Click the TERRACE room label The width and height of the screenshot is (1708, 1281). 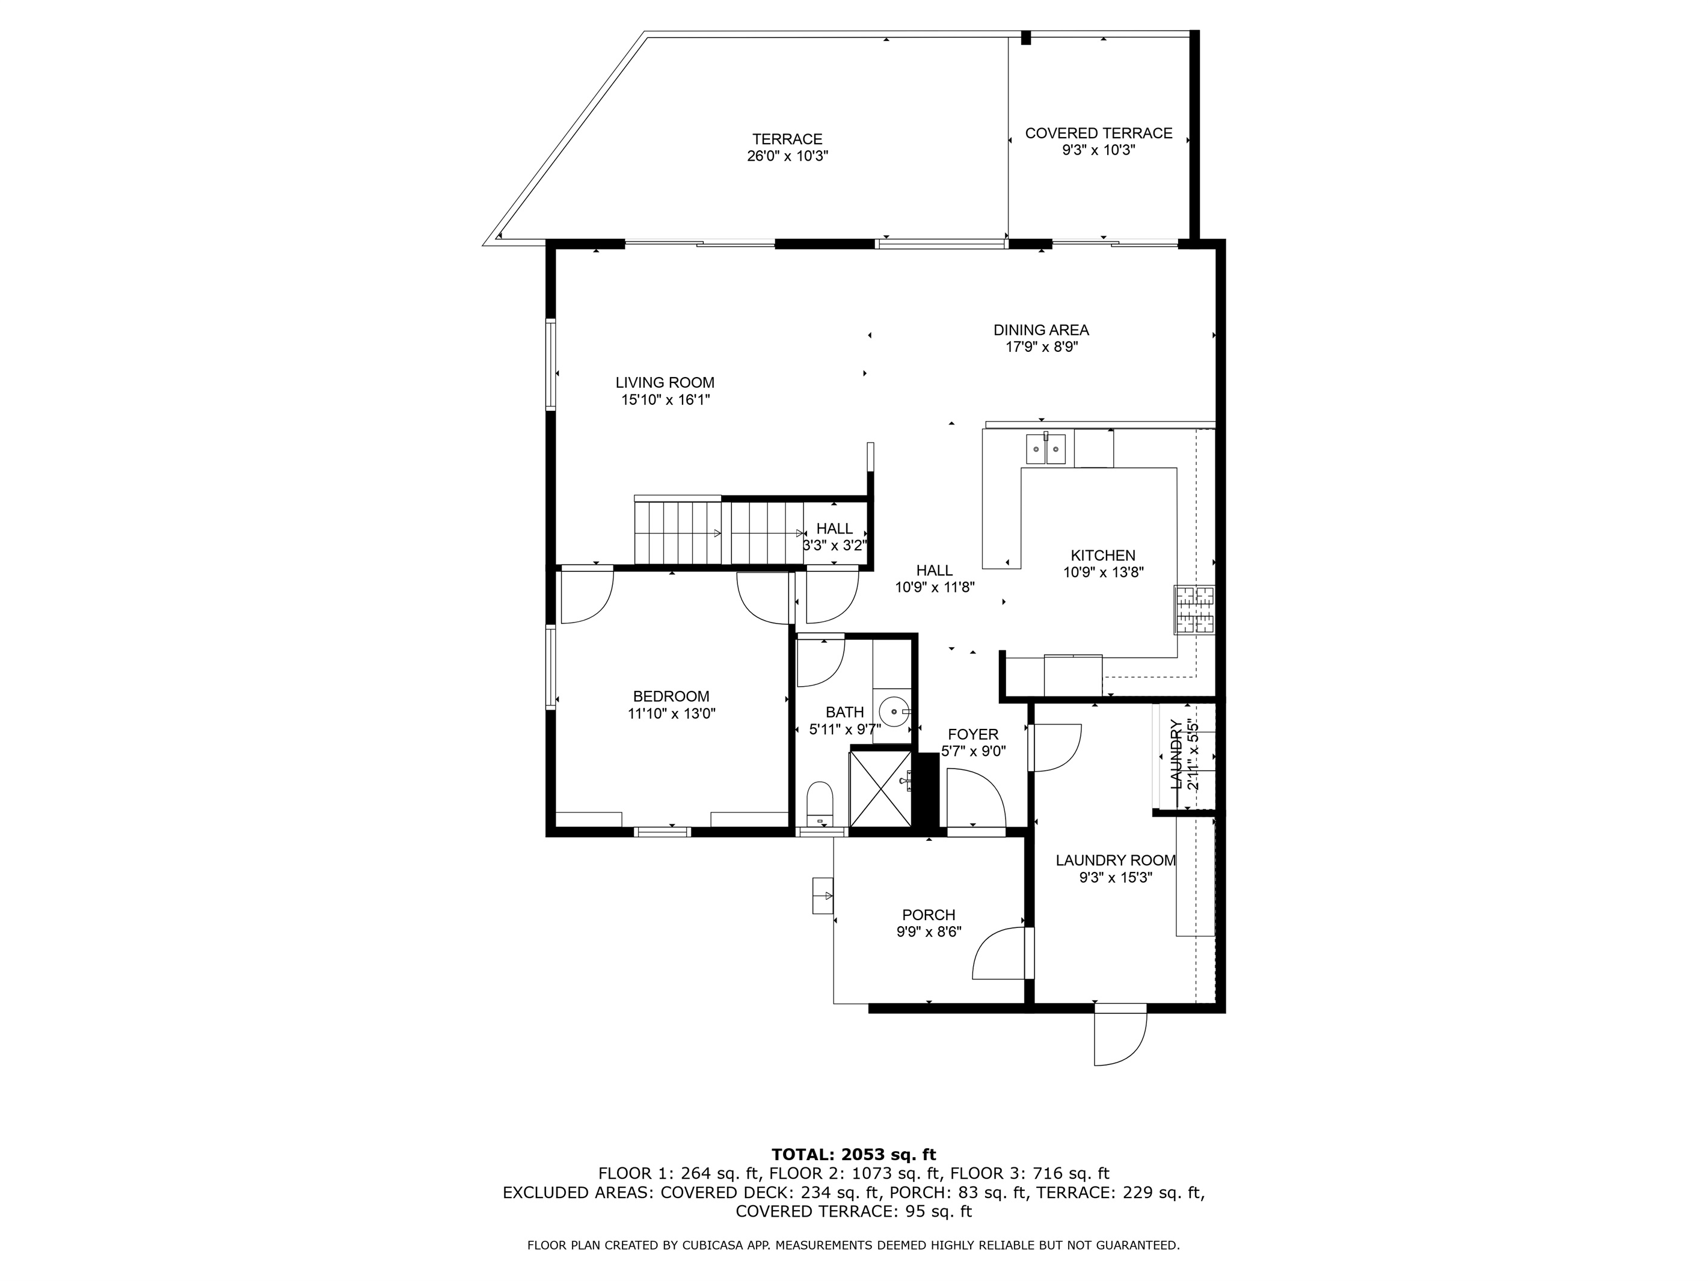788,139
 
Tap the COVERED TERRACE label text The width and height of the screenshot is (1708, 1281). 1099,134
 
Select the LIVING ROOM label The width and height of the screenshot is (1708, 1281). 665,382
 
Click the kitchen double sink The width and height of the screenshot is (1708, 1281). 1045,448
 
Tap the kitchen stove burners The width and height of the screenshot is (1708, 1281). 1194,610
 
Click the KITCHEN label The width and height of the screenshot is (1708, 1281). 1102,555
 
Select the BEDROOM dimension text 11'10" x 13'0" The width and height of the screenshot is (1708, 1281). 671,713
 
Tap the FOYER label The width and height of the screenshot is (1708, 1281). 973,734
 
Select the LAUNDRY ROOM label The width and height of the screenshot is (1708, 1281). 1116,860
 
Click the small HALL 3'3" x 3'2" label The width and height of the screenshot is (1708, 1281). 835,536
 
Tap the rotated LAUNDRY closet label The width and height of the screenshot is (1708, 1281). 1175,754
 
